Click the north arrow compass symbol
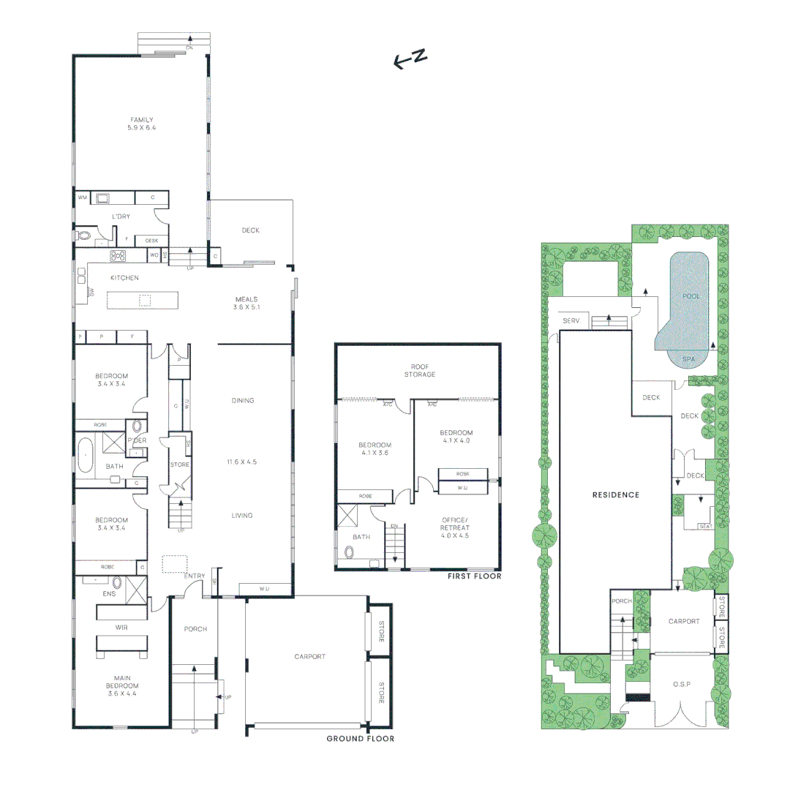click(x=410, y=59)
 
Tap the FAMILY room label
click(x=142, y=124)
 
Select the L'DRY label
click(x=121, y=217)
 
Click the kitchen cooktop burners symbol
click(x=117, y=256)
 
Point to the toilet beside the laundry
click(x=83, y=236)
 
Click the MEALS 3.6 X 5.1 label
click(x=247, y=303)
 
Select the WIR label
click(x=121, y=628)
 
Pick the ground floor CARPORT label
click(x=310, y=657)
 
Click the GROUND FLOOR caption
click(x=360, y=739)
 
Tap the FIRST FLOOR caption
click(x=474, y=576)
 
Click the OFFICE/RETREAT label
click(x=455, y=527)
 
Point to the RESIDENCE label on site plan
click(x=615, y=495)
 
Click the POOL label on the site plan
click(x=691, y=296)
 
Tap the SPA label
click(x=688, y=359)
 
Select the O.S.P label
click(x=682, y=684)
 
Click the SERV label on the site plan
click(x=571, y=321)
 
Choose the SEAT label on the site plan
click(x=706, y=526)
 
